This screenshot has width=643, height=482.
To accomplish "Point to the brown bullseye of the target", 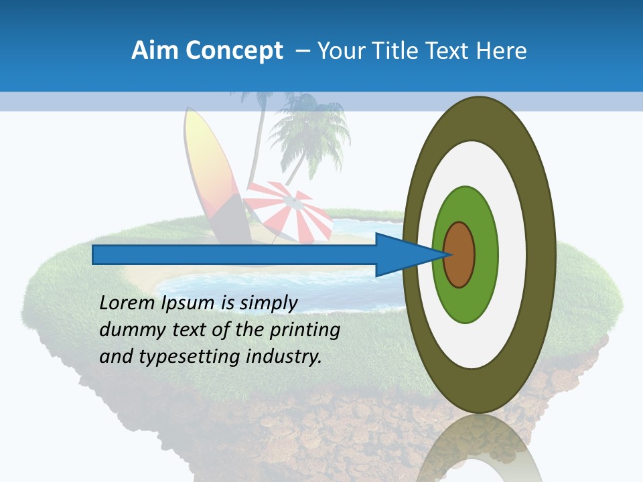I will [x=459, y=254].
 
